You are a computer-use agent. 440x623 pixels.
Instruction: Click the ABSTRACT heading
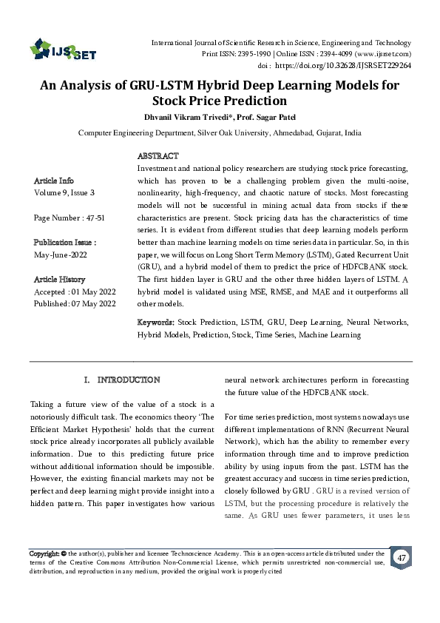[x=158, y=156]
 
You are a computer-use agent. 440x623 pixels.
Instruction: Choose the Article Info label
[x=54, y=181]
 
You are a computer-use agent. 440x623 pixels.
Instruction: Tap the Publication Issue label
[x=65, y=243]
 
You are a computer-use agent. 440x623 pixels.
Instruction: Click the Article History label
[x=60, y=280]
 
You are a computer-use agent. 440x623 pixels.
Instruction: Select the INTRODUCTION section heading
[x=128, y=380]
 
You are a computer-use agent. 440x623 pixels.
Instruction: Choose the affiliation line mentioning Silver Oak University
[x=220, y=133]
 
